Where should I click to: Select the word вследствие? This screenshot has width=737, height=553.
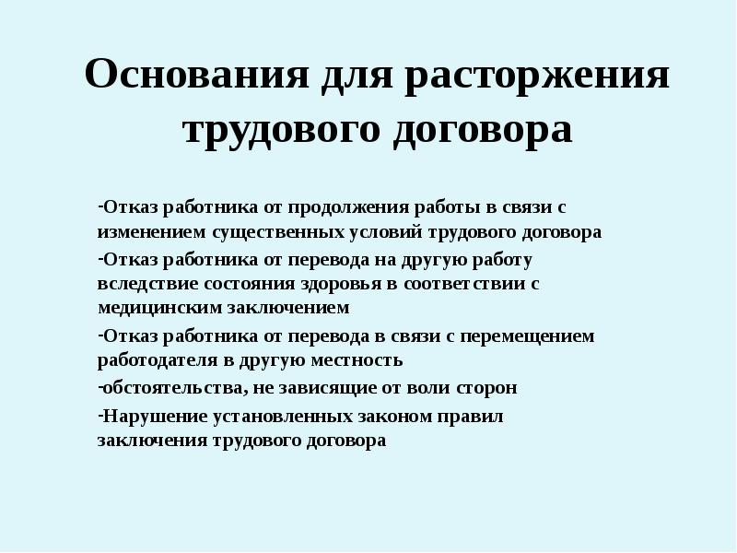pyautogui.click(x=141, y=284)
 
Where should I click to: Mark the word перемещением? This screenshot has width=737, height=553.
pyautogui.click(x=538, y=336)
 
